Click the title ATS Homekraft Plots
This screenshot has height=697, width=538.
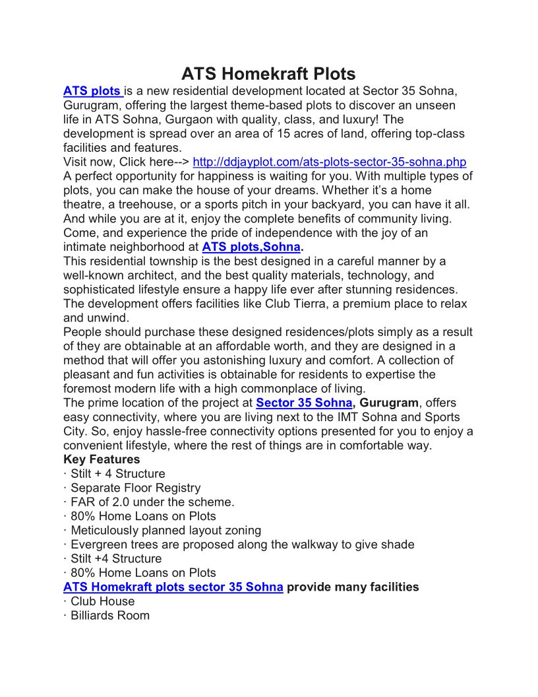pos(268,73)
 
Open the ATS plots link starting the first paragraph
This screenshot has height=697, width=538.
pos(92,91)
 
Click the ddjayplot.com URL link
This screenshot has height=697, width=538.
pos(329,162)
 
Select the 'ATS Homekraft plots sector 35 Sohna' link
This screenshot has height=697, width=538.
pos(173,587)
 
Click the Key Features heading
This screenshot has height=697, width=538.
pos(102,459)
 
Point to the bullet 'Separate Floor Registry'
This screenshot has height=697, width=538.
pos(135,488)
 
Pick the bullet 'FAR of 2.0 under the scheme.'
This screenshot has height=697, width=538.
pos(152,502)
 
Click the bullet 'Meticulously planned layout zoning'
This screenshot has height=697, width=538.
pos(165,530)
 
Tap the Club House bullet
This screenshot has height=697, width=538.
pos(102,601)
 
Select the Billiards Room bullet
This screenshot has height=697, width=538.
pos(109,615)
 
